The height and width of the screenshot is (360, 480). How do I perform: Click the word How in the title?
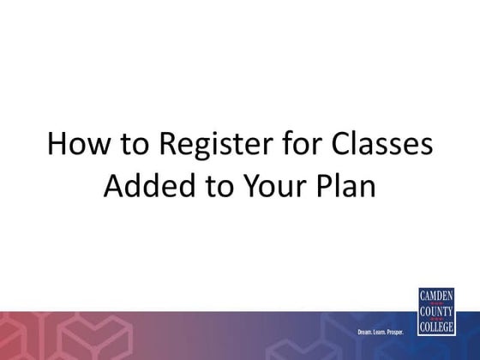[x=73, y=146]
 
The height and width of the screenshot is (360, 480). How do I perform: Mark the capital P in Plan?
[x=326, y=185]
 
